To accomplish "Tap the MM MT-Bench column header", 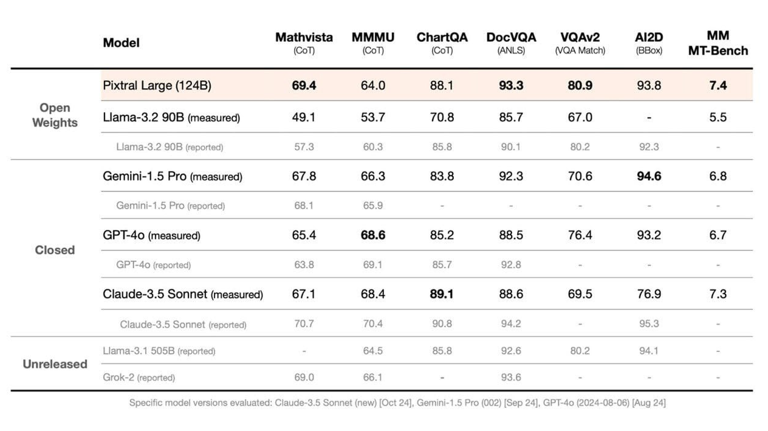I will click(x=718, y=43).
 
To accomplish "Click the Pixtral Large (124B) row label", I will click(x=157, y=86).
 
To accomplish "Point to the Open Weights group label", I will click(x=55, y=115).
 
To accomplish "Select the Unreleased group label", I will click(x=55, y=364).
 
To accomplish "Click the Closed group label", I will click(x=55, y=250).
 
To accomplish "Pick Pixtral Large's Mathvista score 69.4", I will click(x=304, y=86).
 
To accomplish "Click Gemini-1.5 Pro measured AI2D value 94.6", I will click(x=648, y=176).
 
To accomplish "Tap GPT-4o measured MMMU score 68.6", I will click(x=373, y=235).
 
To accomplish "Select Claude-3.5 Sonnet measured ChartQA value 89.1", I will click(x=442, y=294).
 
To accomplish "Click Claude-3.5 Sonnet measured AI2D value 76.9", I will click(x=648, y=294).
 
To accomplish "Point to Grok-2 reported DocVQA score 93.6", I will click(x=511, y=378).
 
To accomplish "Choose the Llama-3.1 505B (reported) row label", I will click(x=159, y=351).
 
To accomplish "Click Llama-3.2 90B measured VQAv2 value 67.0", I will click(x=580, y=117).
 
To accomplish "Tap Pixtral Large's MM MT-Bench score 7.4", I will click(x=718, y=86).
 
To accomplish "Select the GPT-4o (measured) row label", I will click(x=151, y=235).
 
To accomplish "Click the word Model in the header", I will click(x=121, y=43).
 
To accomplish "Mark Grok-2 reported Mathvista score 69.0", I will click(x=304, y=378).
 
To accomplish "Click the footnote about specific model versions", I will click(x=397, y=402).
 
